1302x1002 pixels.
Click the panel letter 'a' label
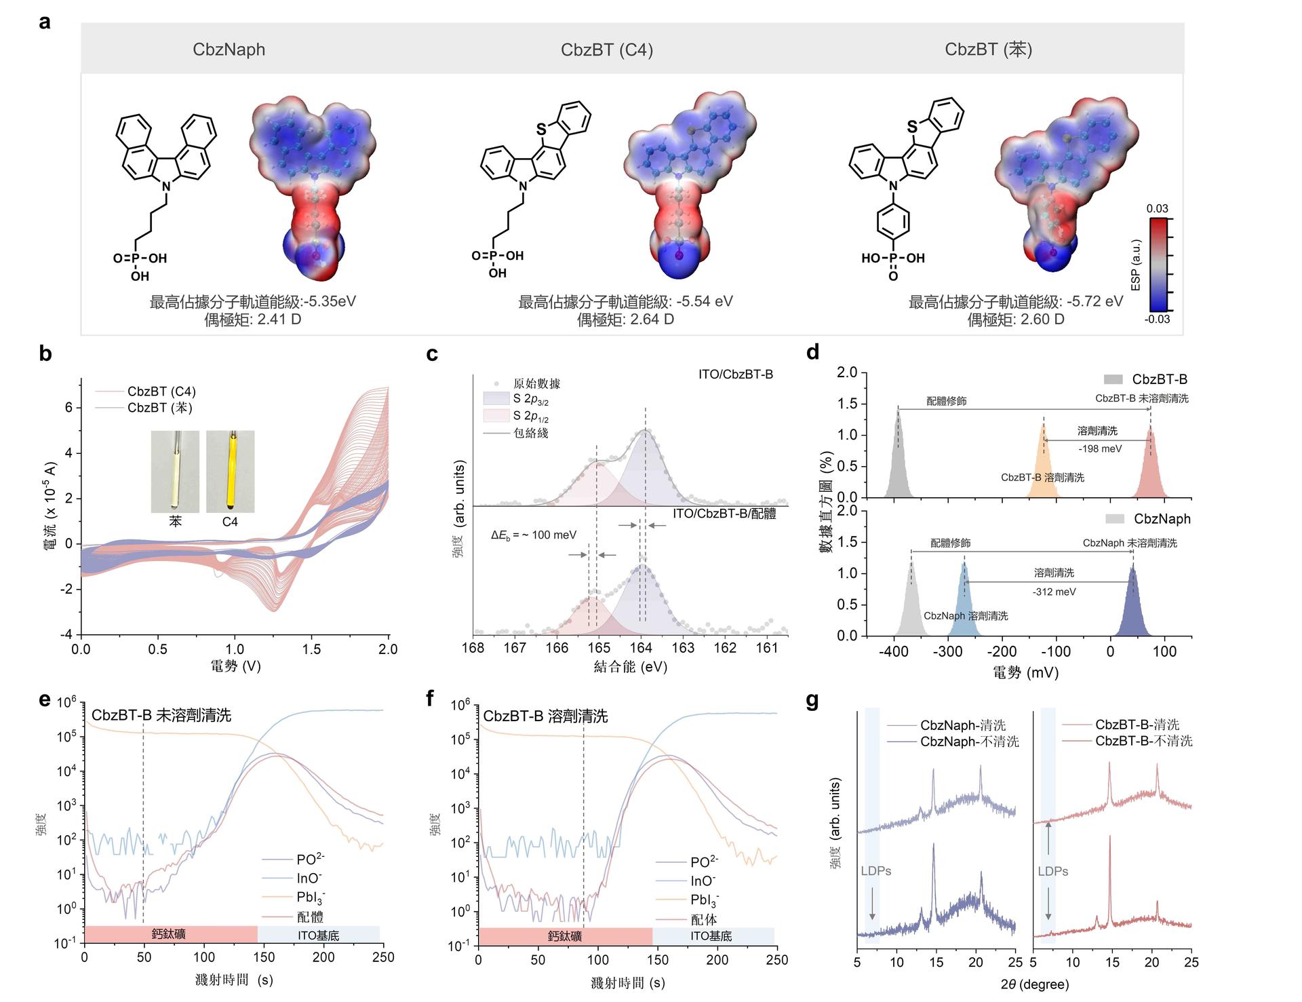tap(45, 22)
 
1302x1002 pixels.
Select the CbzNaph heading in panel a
tap(229, 50)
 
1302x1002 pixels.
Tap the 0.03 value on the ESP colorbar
tap(1158, 208)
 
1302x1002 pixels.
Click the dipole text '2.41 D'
tap(279, 319)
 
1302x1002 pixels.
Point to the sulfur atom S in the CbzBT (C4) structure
tap(540, 129)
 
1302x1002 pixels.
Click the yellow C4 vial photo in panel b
tap(231, 471)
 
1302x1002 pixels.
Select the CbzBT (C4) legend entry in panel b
tap(161, 391)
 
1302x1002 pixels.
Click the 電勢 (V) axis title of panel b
tap(235, 666)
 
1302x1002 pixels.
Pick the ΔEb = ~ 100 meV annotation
tap(534, 535)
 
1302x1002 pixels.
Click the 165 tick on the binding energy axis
tap(599, 648)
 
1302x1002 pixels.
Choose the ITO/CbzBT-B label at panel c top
tap(735, 374)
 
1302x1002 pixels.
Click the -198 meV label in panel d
tap(1100, 448)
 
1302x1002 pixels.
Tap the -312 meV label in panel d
tap(1054, 592)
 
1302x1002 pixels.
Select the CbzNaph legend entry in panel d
tap(1162, 519)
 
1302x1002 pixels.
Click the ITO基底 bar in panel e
tap(319, 936)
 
